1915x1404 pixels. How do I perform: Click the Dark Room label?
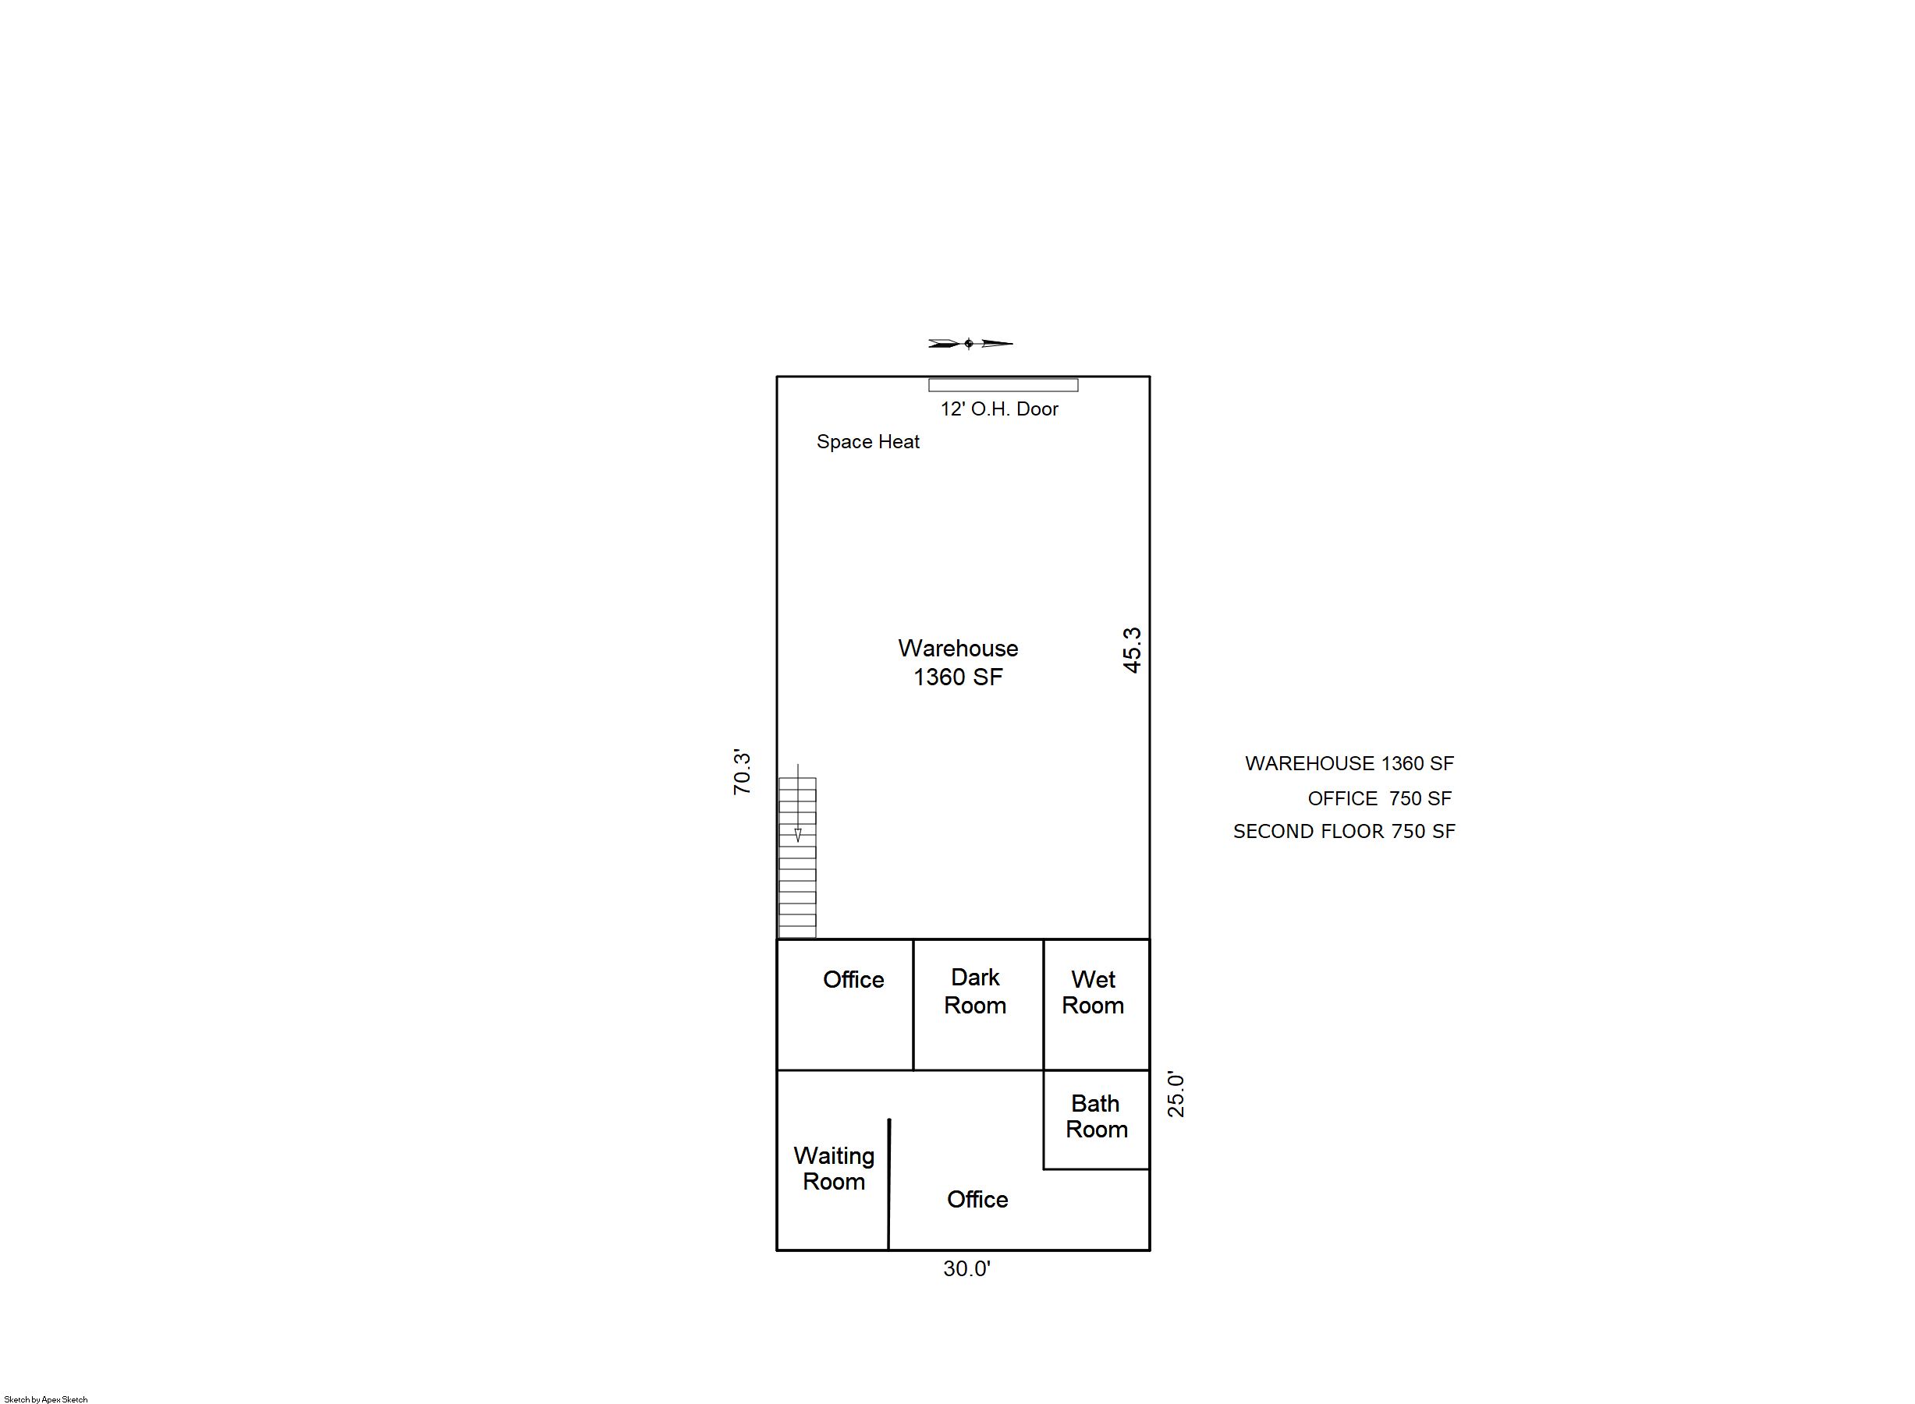coord(974,991)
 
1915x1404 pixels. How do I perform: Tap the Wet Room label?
coord(1093,992)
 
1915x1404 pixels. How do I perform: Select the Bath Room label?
coord(1096,1116)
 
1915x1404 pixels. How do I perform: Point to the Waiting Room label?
coord(833,1169)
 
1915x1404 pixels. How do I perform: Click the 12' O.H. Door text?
coord(999,408)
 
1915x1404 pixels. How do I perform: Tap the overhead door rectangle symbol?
coord(1003,385)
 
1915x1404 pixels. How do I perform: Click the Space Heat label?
coord(868,442)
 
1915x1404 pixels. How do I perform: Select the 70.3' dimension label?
coord(743,772)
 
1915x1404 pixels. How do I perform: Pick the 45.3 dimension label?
coord(1132,650)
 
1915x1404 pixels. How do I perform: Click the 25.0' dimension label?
coord(1176,1094)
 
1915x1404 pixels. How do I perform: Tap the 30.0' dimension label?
coord(966,1269)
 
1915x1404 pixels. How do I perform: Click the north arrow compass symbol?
coord(970,343)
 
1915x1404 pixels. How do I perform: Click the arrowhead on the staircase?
coord(798,835)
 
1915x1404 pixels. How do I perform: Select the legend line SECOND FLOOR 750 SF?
coord(1345,831)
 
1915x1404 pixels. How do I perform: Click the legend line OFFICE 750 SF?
coord(1380,799)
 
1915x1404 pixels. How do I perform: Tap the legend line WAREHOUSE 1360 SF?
coord(1349,763)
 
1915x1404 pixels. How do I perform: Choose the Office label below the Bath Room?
coord(977,1199)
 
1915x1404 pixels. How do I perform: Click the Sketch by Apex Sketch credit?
coord(46,1399)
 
